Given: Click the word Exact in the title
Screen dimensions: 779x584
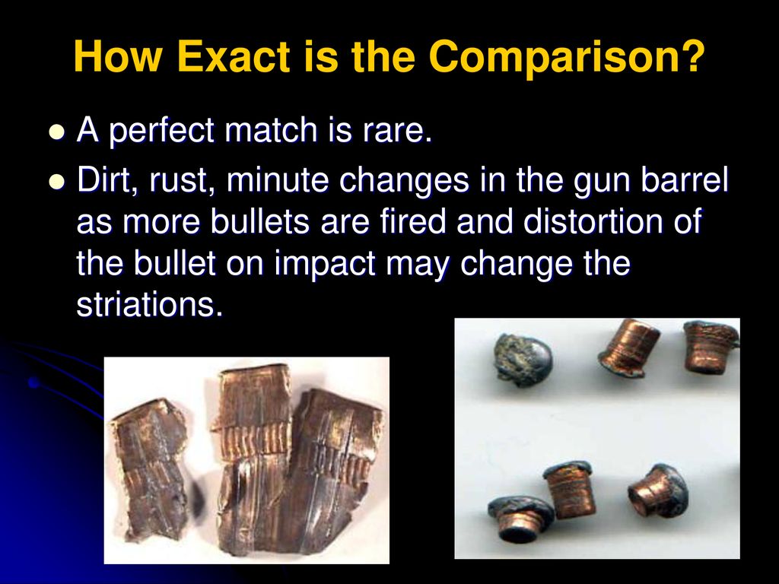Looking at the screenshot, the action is (x=234, y=56).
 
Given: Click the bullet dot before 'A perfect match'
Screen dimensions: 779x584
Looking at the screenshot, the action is (x=57, y=133).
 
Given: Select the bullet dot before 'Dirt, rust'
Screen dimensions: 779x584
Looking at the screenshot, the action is (x=57, y=182).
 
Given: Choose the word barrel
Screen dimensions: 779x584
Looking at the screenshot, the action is (x=684, y=179).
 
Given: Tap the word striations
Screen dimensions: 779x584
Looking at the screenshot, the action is (x=149, y=304).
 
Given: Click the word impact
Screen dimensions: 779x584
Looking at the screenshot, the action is (x=325, y=264).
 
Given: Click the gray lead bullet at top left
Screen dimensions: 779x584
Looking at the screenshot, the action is (x=523, y=360).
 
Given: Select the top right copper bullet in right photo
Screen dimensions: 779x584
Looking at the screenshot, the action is (x=711, y=346).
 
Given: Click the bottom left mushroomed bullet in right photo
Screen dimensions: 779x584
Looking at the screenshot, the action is (x=520, y=519).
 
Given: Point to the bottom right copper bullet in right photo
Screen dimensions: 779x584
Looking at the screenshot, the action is (x=658, y=492).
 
